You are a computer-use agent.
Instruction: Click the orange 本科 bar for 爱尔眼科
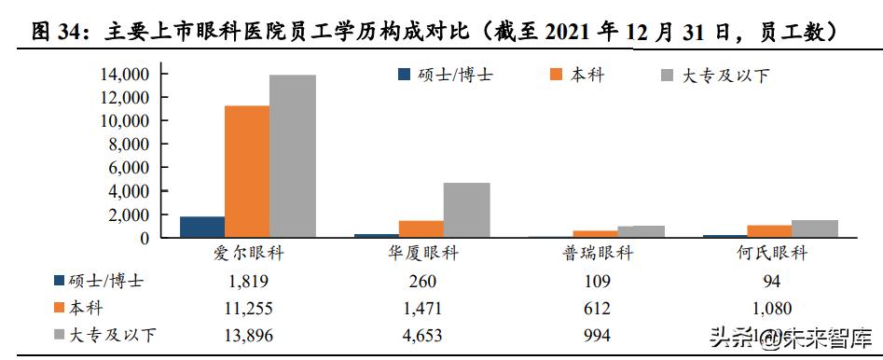(x=247, y=172)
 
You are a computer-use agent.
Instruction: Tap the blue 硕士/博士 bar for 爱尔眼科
(x=202, y=227)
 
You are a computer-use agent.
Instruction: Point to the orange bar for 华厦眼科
(x=421, y=228)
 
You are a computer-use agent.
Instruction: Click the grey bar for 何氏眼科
(x=814, y=228)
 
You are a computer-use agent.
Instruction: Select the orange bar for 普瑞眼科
(x=595, y=234)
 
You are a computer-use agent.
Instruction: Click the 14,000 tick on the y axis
(x=125, y=74)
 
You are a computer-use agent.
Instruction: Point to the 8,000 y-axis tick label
(x=129, y=144)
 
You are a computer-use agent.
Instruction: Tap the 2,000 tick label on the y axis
(x=129, y=215)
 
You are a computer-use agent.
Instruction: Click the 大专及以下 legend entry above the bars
(x=714, y=75)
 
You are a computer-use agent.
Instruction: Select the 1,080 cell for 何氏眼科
(x=769, y=308)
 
